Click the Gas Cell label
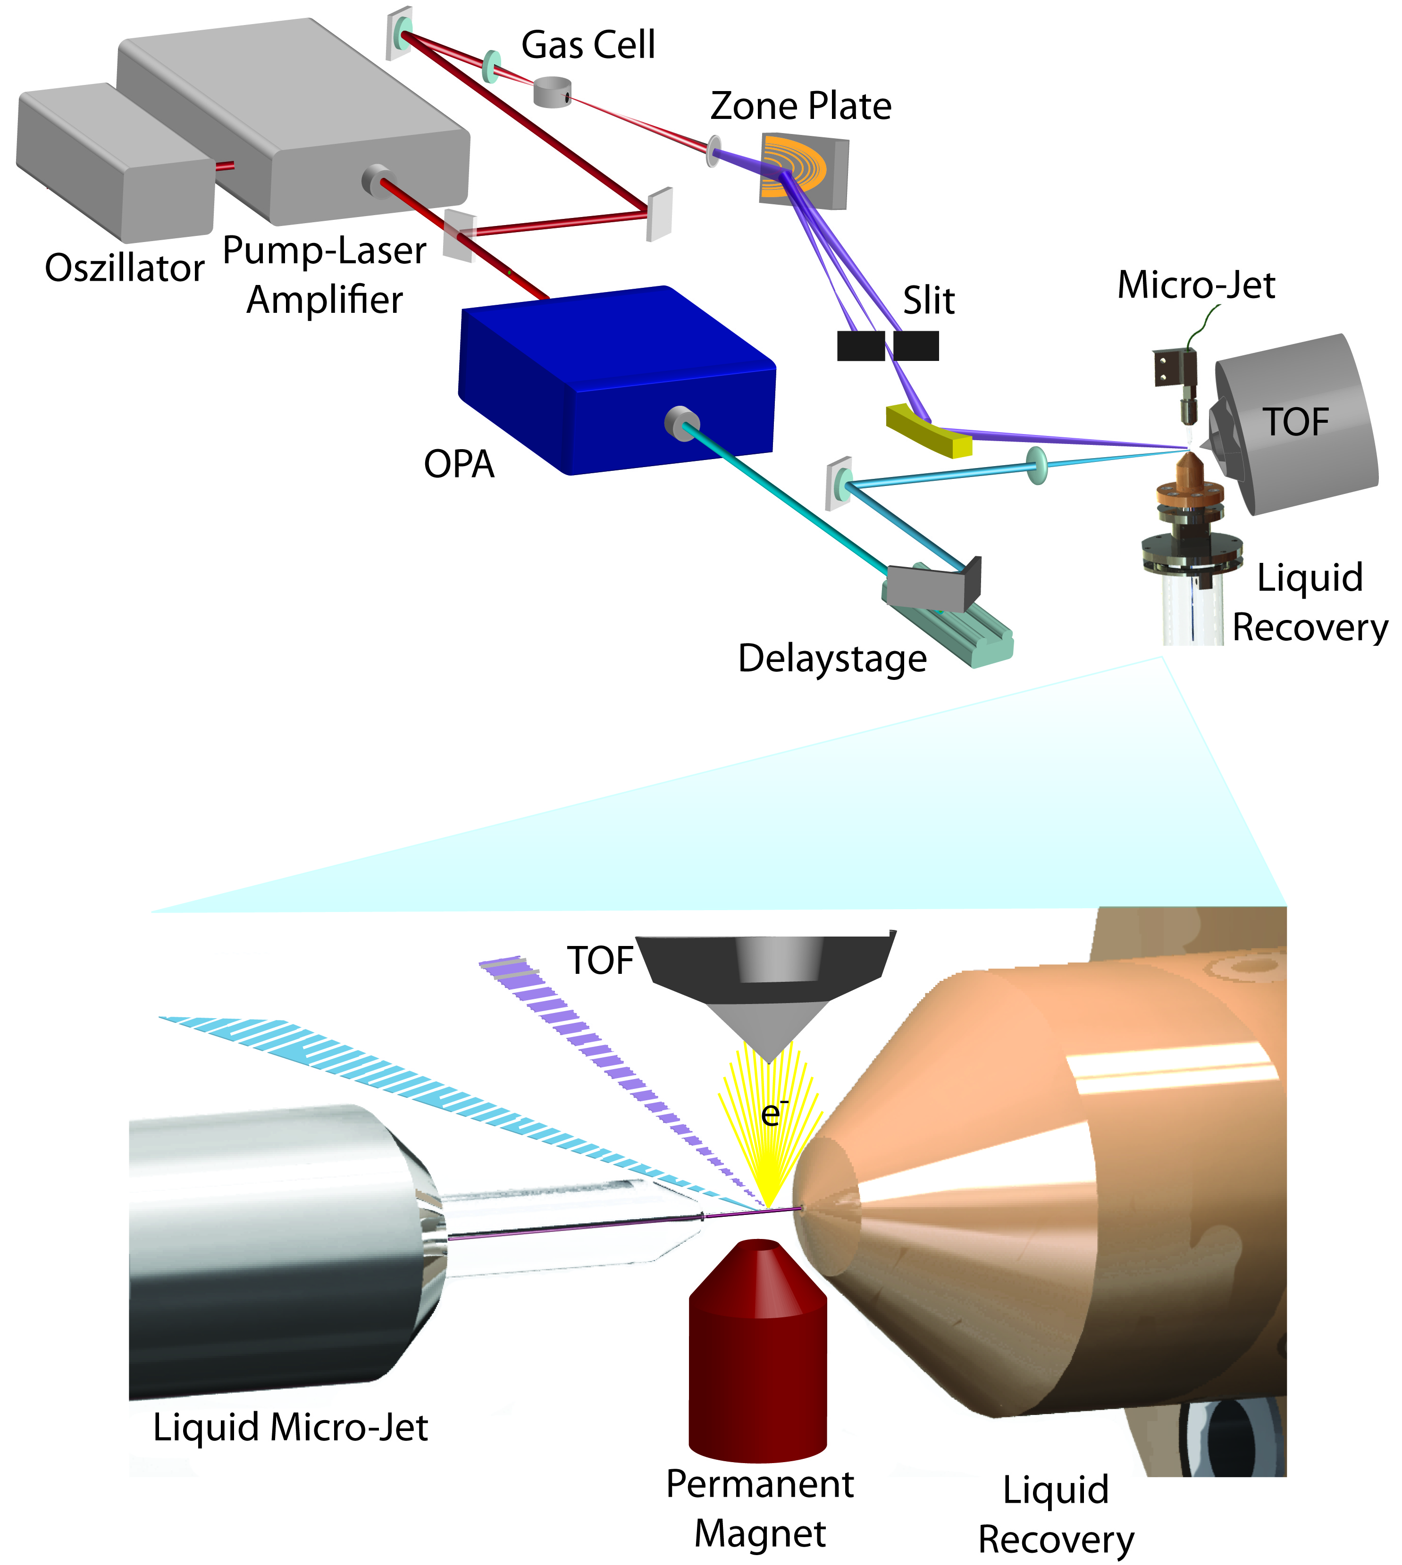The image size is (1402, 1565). [588, 45]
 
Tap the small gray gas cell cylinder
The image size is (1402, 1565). [552, 92]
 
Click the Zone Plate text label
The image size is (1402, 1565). [800, 106]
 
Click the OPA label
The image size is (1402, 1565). [459, 464]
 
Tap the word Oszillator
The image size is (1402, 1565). [125, 268]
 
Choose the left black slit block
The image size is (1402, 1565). [860, 346]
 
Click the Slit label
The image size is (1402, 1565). [929, 301]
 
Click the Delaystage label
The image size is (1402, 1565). [832, 659]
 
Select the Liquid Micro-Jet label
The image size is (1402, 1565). [290, 1427]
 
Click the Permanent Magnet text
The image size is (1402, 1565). [760, 1508]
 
